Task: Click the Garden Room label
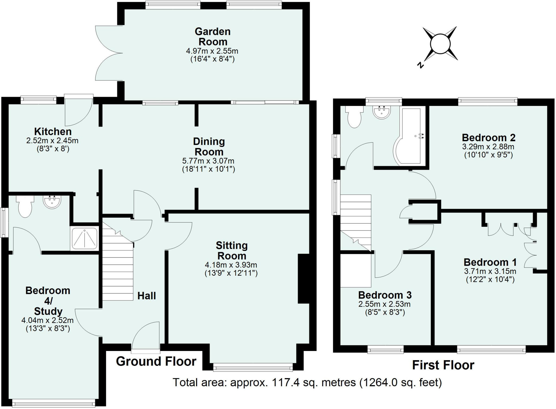coord(213,37)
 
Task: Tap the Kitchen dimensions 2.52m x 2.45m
coord(52,141)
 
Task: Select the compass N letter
coord(421,65)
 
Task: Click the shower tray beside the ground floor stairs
coord(84,239)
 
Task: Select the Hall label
coord(147,296)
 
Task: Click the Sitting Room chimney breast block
coord(304,278)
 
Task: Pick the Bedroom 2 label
coord(488,138)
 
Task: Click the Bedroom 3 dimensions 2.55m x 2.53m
coord(384,304)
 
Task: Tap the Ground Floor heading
coord(156,362)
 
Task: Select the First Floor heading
coord(443,365)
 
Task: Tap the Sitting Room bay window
coord(253,368)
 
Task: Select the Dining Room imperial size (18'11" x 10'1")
coord(208,169)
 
